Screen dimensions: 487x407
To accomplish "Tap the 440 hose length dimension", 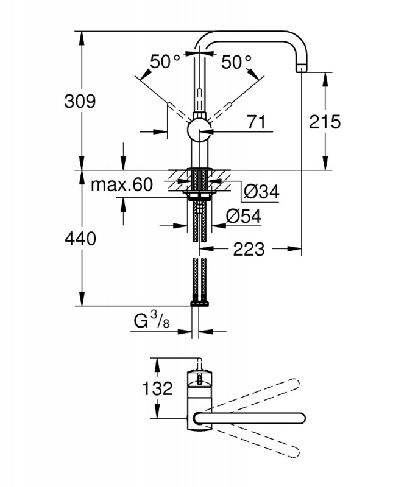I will (80, 239).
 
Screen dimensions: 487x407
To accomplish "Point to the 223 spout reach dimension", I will (249, 248).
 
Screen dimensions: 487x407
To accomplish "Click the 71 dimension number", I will (257, 122).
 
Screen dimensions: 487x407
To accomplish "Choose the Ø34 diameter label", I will (261, 192).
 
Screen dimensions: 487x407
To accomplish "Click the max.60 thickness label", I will (121, 184).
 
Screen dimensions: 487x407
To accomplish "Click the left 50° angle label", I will (166, 61).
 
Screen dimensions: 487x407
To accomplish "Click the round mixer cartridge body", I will (199, 130).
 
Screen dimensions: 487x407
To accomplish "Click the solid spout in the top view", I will (250, 417).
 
